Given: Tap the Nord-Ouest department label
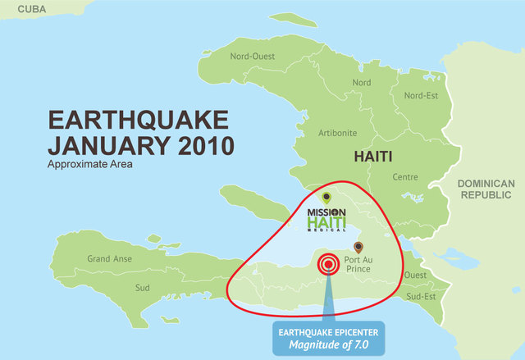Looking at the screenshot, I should coord(253,57).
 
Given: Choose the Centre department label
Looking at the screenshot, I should coord(405,176).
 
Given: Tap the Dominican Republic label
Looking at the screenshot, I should coord(486,189).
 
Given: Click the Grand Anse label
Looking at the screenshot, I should coord(110,259).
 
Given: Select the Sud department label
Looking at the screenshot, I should coord(143,288).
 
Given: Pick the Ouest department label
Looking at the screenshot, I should coord(415,275).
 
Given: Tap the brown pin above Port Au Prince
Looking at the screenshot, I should coord(357,246).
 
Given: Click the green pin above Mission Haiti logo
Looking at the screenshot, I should coord(326,197).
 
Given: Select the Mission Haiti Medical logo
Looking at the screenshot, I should coord(326,218).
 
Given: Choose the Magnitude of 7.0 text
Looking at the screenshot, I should coord(328,345).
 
